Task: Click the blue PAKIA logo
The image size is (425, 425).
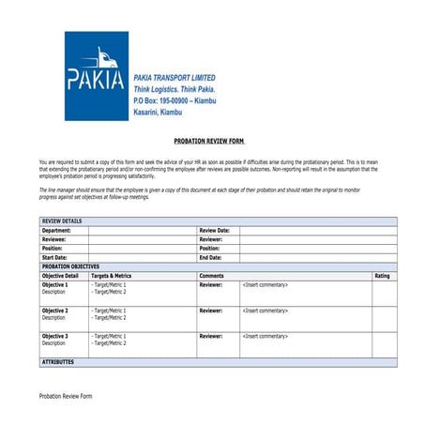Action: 96,76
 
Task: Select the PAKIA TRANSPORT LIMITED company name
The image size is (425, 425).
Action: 175,77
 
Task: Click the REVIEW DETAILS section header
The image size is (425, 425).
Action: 62,221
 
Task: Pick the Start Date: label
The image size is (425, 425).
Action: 54,257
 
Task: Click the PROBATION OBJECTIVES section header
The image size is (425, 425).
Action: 70,266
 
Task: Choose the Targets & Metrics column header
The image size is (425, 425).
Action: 112,276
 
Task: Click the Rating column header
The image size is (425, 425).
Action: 383,276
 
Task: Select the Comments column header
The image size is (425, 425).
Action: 212,276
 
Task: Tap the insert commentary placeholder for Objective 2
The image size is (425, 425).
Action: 265,311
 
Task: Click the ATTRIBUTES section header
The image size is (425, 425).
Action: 57,361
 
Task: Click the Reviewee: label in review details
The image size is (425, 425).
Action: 54,239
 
